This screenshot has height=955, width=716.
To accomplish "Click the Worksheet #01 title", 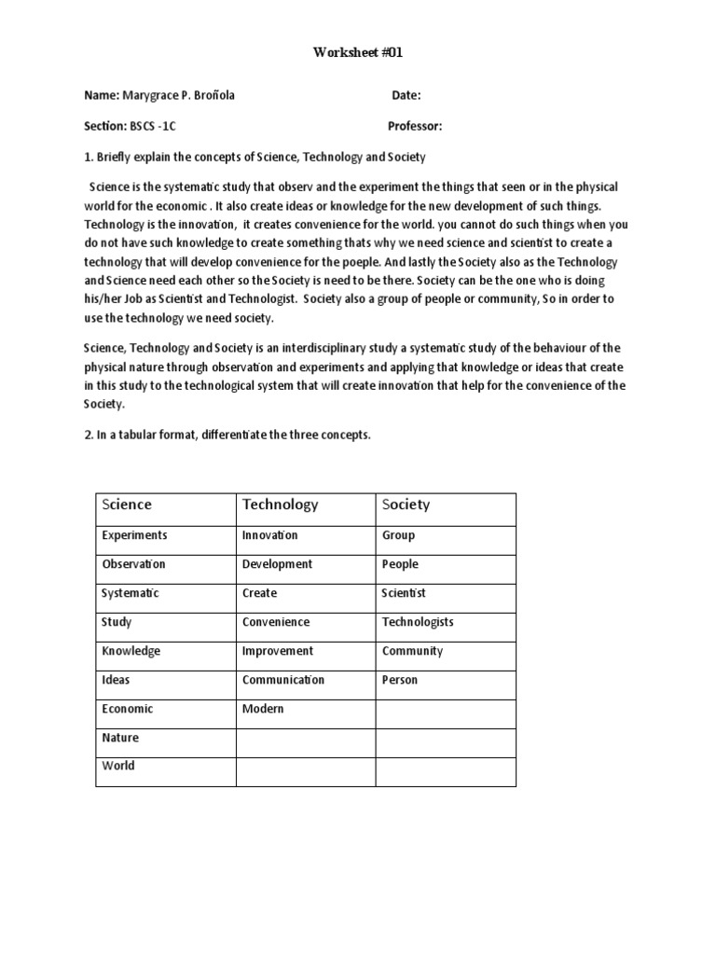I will [x=358, y=53].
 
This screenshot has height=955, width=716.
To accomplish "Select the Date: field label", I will [x=406, y=95].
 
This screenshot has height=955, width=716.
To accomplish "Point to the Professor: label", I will [x=415, y=126].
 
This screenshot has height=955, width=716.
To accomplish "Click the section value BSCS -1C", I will [x=152, y=126].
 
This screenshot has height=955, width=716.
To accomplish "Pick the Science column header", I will [x=127, y=505].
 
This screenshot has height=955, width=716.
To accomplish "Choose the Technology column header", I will [x=280, y=505].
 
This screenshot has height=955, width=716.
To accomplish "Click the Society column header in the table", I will [x=406, y=505].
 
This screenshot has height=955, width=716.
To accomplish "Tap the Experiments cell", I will [x=134, y=535].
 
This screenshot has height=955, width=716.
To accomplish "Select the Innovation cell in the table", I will [x=269, y=535].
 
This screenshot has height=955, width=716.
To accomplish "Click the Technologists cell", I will [x=417, y=622].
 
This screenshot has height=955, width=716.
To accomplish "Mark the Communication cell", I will [x=282, y=680].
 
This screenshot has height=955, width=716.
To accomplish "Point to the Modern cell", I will [x=263, y=709].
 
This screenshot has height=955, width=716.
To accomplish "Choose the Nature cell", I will [x=119, y=738].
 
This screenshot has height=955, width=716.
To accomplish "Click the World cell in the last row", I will [x=117, y=766].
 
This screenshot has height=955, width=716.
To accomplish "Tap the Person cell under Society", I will [x=400, y=680].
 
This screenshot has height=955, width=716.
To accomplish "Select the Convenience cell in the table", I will [x=275, y=622].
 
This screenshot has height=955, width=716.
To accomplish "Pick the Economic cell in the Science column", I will [x=127, y=709].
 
